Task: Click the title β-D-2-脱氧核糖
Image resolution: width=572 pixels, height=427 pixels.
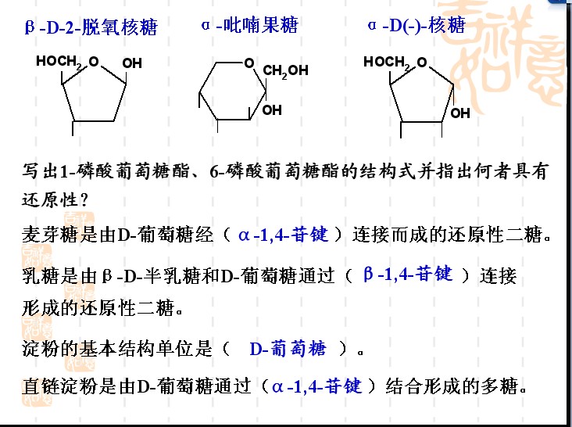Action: point(91,27)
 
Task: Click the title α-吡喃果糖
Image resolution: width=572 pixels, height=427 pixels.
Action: point(249,25)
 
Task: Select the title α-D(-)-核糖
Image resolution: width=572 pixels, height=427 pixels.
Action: point(416,25)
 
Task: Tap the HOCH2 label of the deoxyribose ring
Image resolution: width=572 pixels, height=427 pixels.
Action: point(59,61)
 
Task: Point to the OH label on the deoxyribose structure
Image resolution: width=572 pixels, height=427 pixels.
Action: point(132,63)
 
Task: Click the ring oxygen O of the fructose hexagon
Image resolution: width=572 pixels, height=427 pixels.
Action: point(249,63)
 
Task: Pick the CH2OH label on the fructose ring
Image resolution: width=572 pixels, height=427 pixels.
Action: point(286,71)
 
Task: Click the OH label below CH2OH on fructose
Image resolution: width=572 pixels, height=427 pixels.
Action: point(272,109)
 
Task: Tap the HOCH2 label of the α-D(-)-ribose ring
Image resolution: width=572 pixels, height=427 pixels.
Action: point(386,62)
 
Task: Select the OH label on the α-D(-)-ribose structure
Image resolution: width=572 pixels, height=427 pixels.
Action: point(460,113)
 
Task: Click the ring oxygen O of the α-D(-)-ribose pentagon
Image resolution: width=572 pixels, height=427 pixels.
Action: point(422,62)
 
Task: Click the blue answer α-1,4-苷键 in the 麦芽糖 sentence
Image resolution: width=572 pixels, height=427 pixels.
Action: point(284,235)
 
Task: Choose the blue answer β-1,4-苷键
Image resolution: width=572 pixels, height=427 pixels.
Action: point(408,274)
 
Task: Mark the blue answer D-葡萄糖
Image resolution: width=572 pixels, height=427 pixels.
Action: point(288,349)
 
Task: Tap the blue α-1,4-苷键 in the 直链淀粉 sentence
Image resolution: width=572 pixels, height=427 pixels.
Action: point(317,386)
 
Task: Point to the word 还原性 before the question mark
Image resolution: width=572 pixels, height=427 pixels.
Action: point(50,199)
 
